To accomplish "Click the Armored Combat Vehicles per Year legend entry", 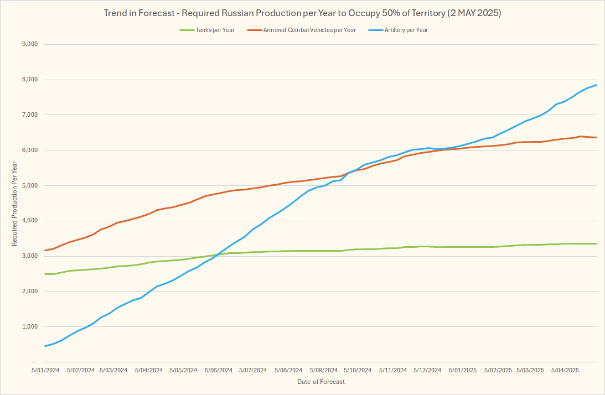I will coord(309,30).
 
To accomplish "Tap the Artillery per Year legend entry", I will coord(406,30).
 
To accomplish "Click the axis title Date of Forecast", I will coord(320,382).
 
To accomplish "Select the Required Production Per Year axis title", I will coord(14,203).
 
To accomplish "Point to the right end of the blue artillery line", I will coord(596,85).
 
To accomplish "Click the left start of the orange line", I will coord(45,250).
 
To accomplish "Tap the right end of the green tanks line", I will coord(596,243).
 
